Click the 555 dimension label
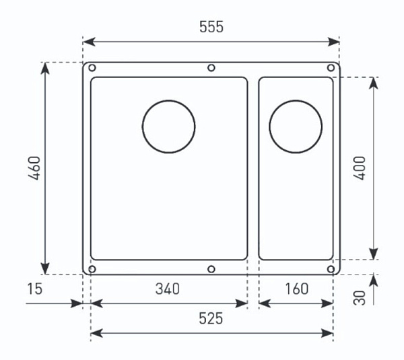pos(211,27)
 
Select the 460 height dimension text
pos(34,168)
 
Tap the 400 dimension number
pos(360,168)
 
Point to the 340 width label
pos(168,289)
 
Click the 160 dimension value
pos(296,289)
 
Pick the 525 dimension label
pos(211,318)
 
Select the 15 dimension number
pos(35,289)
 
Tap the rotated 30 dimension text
pos(360,298)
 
